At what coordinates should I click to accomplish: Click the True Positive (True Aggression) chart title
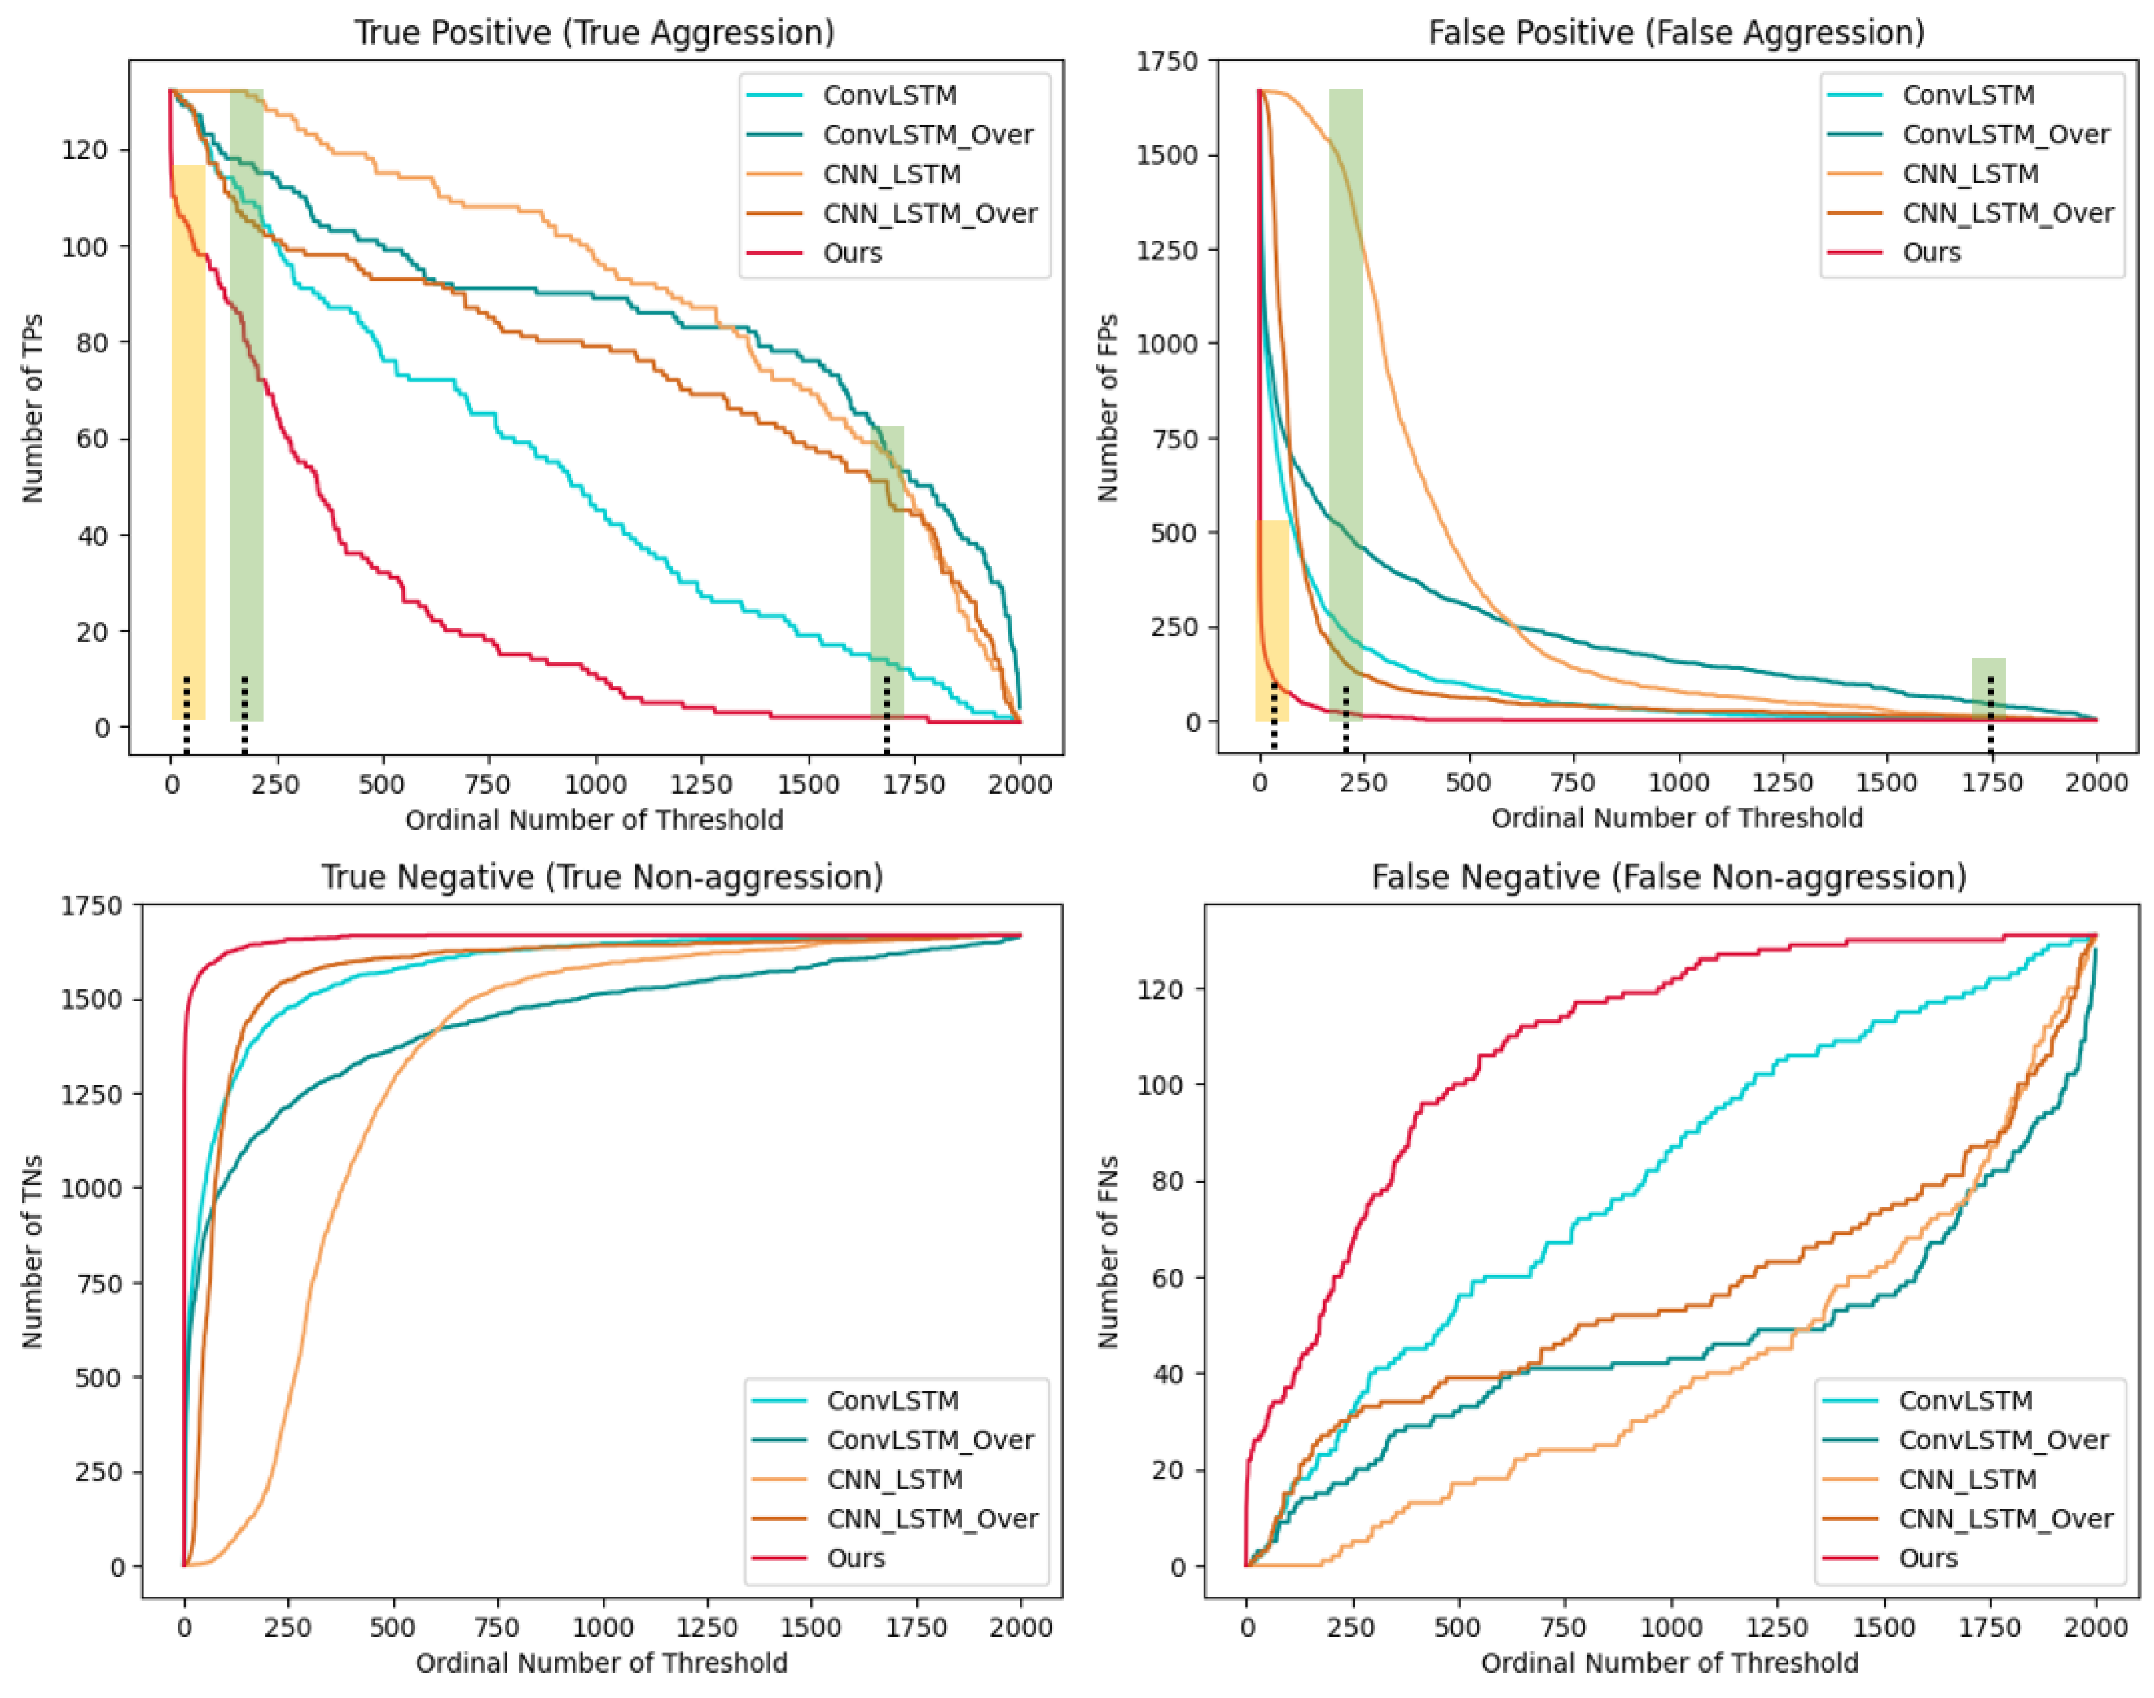coord(595,33)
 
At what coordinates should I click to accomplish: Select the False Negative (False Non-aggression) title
coord(1669,877)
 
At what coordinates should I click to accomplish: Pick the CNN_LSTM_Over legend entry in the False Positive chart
coord(1969,213)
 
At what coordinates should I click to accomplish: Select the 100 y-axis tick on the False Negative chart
coord(1160,1085)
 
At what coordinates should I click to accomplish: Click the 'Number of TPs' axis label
coord(33,408)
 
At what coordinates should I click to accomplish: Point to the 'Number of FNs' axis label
coord(1108,1253)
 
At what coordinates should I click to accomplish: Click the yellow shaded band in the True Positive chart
coord(189,441)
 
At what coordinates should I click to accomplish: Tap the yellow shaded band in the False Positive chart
coord(1273,620)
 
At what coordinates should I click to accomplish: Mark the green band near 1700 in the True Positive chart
coord(887,573)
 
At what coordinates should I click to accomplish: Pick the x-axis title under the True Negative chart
coord(602,1663)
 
